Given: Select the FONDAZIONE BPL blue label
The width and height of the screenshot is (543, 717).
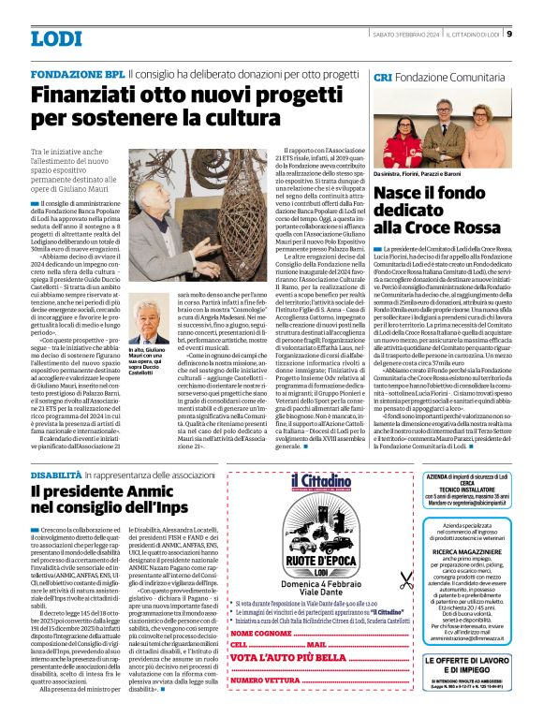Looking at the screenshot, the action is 78,73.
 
